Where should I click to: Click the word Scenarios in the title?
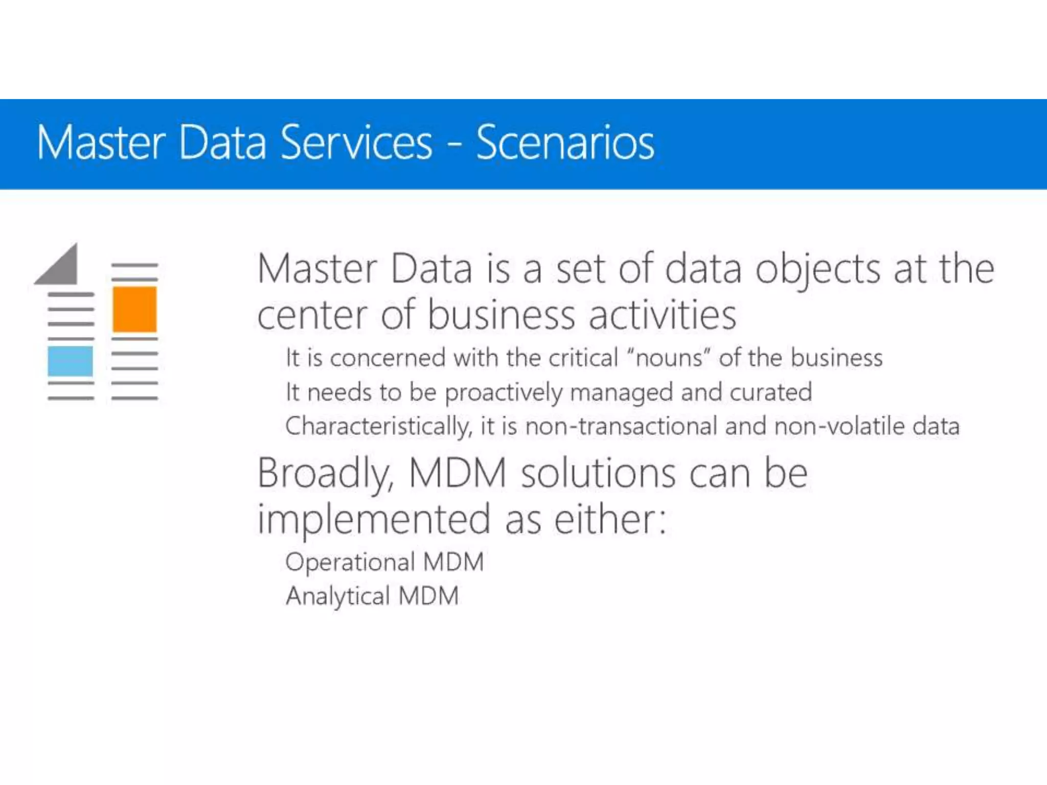point(565,143)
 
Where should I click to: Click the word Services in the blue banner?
point(356,143)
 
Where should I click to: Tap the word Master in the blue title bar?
point(101,143)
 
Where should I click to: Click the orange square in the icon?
point(134,310)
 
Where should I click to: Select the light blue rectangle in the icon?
point(71,361)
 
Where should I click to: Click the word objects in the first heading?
point(817,270)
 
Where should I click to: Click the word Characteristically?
point(378,426)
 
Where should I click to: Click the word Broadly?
point(325,474)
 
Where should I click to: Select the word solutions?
point(598,474)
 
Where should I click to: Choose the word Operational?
point(350,562)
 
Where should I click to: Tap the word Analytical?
point(338,596)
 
